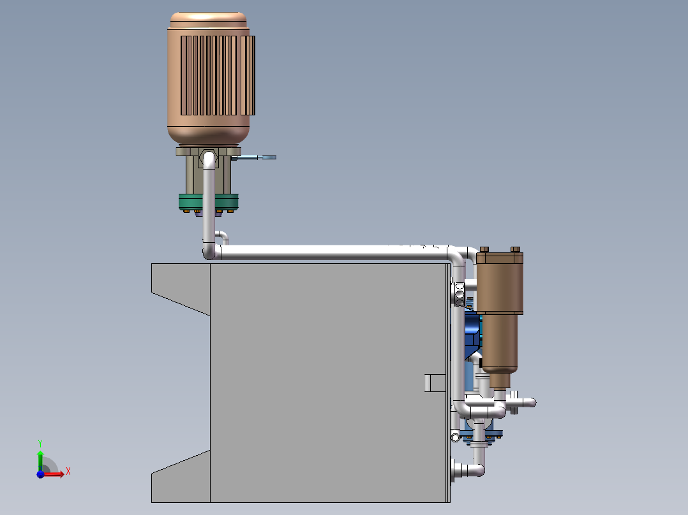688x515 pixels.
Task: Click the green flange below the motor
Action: [189, 202]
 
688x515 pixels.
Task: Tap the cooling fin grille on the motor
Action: [217, 75]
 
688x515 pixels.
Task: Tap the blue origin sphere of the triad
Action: [40, 474]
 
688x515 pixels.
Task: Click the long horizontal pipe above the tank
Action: [332, 252]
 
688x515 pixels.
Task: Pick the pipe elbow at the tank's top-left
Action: [210, 252]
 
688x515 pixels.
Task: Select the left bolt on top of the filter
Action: [484, 249]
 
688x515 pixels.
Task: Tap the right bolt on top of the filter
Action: [516, 249]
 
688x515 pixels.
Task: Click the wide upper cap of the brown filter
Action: [500, 258]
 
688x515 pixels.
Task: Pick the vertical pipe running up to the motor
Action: [208, 204]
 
